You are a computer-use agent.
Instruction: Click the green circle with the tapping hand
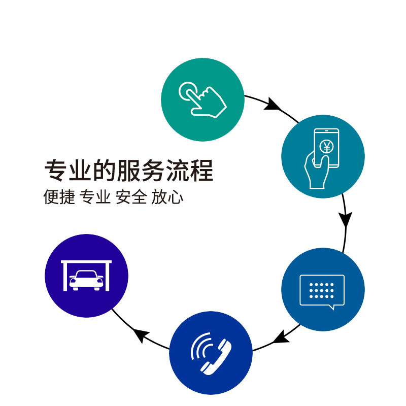(x=202, y=99)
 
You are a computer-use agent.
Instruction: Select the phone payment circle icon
(x=323, y=156)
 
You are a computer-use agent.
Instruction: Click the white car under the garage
(x=86, y=280)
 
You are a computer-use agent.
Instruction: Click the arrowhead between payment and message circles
(x=346, y=219)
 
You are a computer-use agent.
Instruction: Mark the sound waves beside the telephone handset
(x=199, y=345)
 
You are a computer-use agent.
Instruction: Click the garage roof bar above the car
(x=86, y=262)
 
